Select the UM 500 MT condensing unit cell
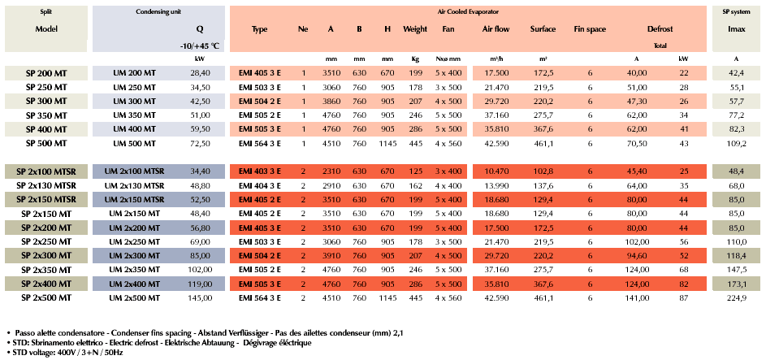[136, 142]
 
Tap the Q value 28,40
[200, 73]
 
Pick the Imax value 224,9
[736, 297]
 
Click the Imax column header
[736, 29]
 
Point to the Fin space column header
[590, 29]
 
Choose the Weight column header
[415, 29]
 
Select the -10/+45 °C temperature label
[200, 46]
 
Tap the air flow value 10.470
[496, 171]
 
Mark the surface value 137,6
[543, 185]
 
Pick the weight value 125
[415, 171]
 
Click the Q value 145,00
[200, 297]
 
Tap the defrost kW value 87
[684, 297]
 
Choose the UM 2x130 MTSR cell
[136, 185]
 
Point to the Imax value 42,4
[736, 73]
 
